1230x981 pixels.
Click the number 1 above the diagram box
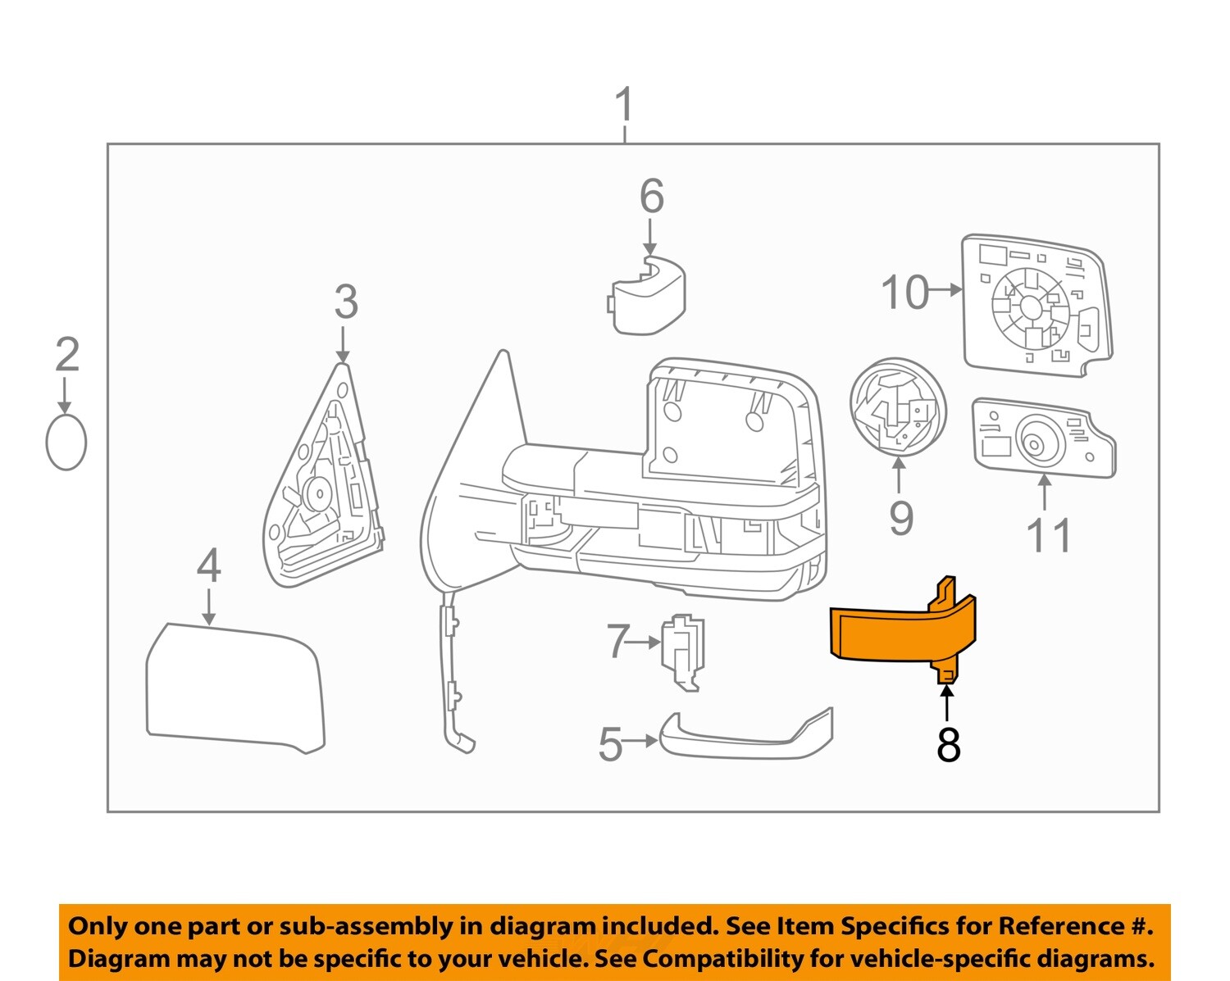click(625, 105)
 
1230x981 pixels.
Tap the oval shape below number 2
click(66, 442)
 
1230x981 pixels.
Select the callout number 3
click(345, 302)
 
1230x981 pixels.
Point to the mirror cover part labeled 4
click(234, 688)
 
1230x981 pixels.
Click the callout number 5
click(610, 744)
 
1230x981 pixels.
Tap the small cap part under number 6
click(649, 295)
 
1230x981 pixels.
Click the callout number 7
click(617, 641)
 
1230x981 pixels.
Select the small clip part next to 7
click(682, 652)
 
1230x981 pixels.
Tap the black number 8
click(948, 745)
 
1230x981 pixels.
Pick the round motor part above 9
click(898, 408)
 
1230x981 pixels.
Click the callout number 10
click(904, 292)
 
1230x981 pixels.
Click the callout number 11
click(1048, 535)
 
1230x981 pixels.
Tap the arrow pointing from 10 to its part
click(948, 289)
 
